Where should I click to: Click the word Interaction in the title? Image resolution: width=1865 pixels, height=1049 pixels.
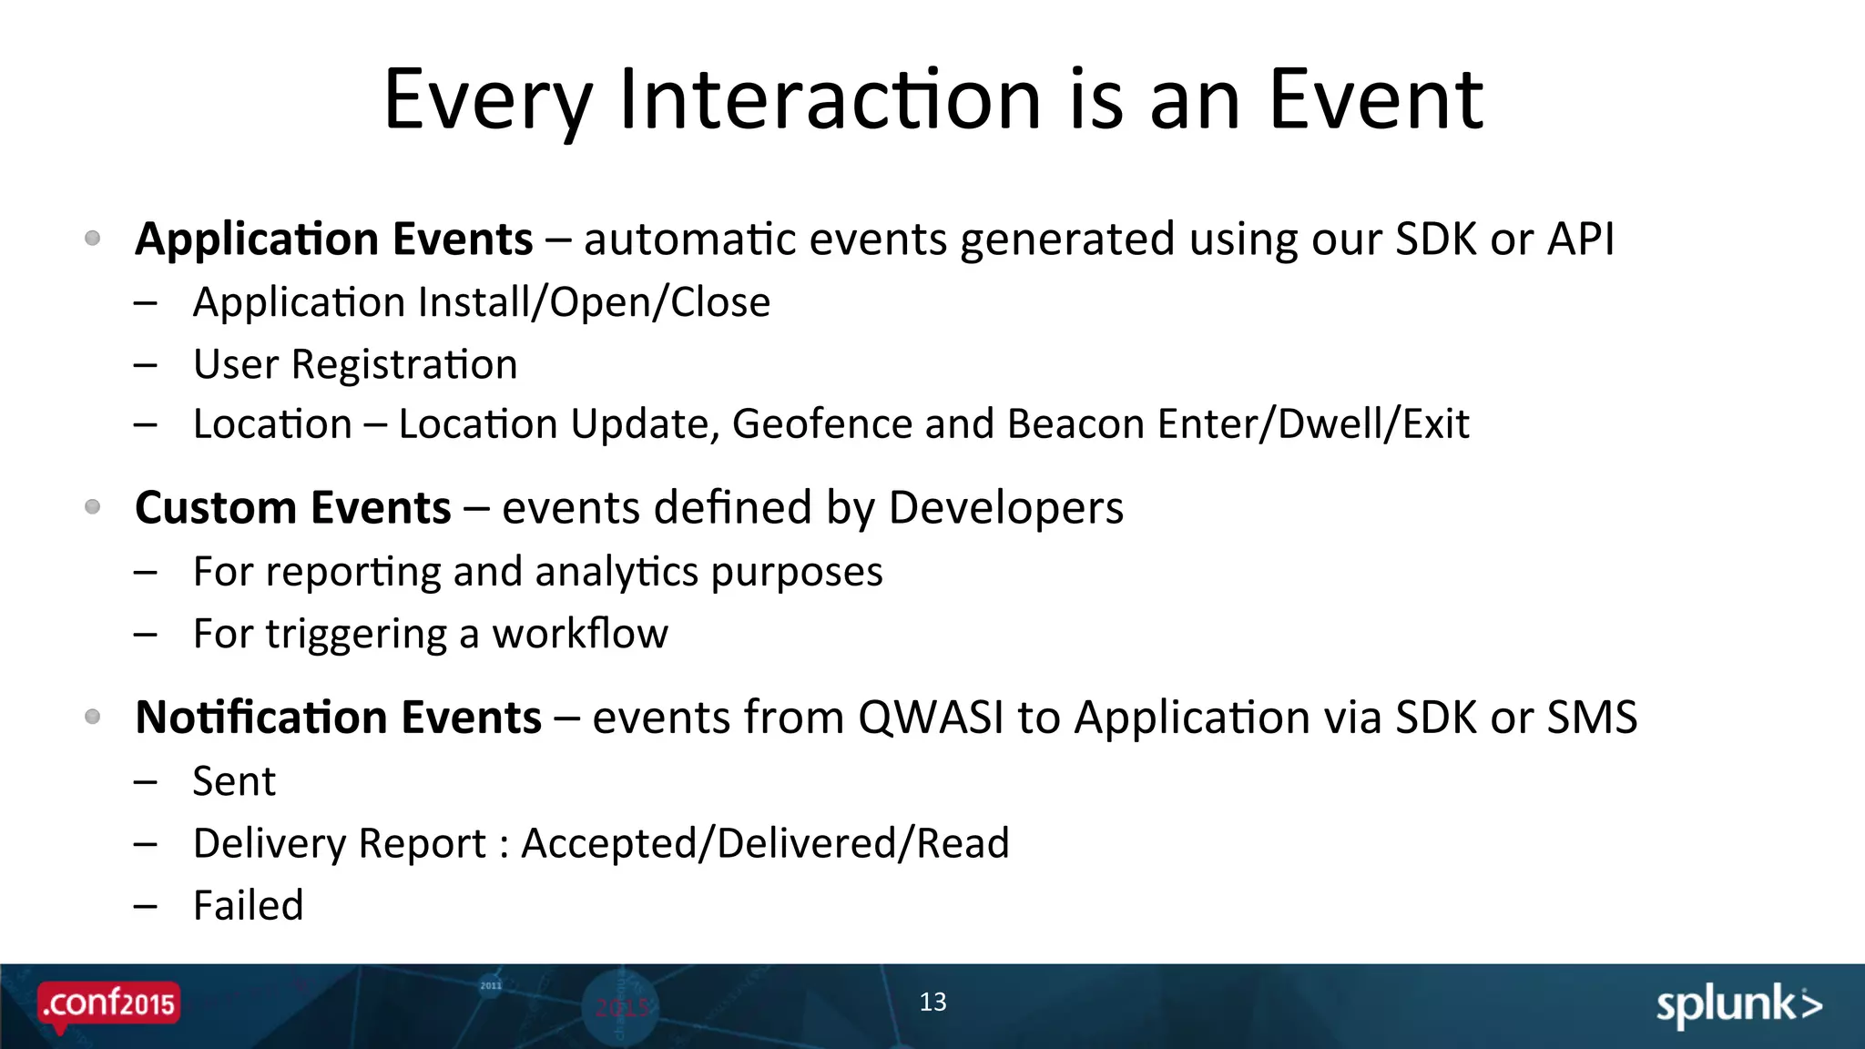(830, 100)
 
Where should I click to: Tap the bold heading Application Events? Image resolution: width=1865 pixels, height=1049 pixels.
(333, 239)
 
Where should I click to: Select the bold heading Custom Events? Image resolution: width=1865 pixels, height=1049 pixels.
(292, 507)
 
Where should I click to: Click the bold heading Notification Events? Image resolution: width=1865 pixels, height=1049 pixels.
(338, 717)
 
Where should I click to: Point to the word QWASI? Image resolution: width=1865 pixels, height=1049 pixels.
(931, 717)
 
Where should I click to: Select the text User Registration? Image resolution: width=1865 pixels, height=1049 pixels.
(355, 364)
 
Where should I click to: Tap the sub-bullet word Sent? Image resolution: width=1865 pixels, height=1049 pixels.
(234, 781)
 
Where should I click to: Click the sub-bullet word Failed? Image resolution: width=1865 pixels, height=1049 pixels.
(248, 905)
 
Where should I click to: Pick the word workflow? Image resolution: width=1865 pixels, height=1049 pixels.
(580, 634)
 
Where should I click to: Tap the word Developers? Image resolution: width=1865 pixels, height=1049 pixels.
(1005, 508)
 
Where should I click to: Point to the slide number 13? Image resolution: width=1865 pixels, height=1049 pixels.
(932, 1002)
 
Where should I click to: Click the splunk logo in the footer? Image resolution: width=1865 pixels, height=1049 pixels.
(1738, 1005)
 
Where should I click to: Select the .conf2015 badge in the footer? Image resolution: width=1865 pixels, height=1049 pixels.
(109, 1004)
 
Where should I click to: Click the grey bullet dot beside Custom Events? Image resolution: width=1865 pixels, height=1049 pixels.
(92, 506)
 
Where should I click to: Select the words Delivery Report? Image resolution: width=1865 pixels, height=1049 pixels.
(340, 843)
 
